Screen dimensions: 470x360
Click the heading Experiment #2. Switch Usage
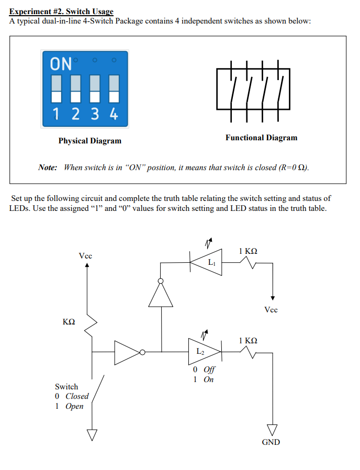click(x=61, y=12)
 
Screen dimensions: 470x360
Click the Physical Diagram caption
click(x=89, y=141)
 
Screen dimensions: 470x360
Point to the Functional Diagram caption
click(x=261, y=138)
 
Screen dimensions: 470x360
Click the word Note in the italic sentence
click(x=47, y=167)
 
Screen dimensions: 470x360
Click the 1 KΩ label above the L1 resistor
click(x=248, y=251)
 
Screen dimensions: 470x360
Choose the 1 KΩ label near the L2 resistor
click(x=248, y=340)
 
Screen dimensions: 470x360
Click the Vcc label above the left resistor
click(x=85, y=256)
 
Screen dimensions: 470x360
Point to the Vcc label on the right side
click(x=271, y=309)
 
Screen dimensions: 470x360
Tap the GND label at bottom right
click(x=271, y=442)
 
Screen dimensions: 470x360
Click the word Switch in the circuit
click(x=66, y=387)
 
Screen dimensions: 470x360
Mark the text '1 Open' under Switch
click(x=69, y=406)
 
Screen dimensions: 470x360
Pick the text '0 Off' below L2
click(x=204, y=370)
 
